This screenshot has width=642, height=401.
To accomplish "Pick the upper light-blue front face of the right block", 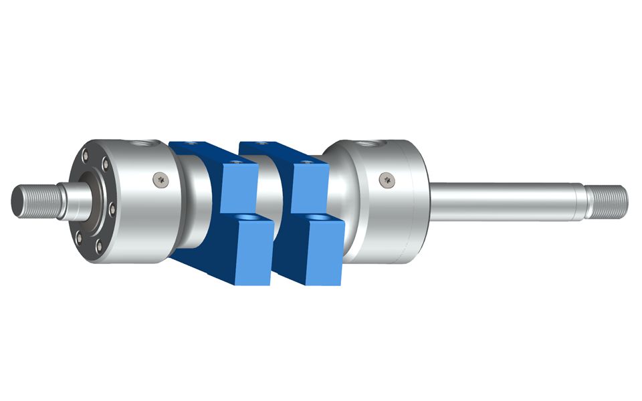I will pos(310,186).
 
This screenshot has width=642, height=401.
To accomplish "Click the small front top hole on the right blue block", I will pos(306,162).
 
